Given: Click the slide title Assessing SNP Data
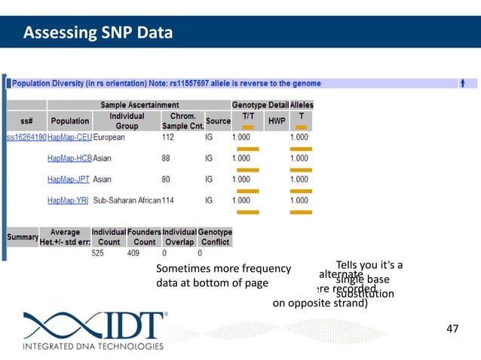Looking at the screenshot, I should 98,32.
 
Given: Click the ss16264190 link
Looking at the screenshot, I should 26,139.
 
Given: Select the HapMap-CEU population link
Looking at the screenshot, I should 69,139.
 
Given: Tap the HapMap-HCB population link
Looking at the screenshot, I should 69,159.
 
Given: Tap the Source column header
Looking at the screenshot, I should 218,121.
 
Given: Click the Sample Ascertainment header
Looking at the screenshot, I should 140,104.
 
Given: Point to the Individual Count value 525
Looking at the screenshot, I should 98,254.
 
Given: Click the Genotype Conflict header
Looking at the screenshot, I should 215,237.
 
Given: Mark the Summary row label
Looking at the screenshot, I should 23,237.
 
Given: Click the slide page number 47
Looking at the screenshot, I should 452,328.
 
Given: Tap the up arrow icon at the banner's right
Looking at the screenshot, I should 463,83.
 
